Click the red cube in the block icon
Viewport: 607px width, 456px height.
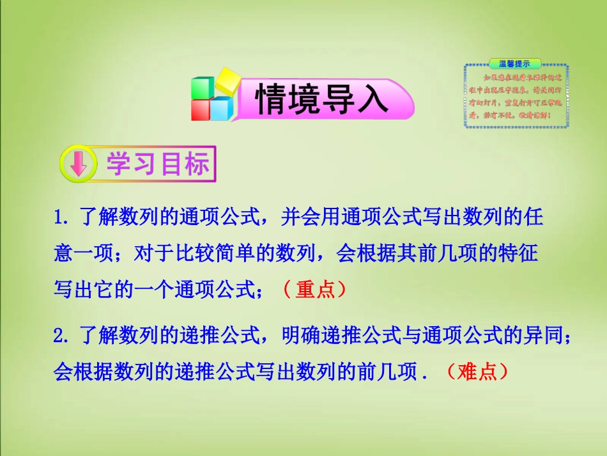pos(201,109)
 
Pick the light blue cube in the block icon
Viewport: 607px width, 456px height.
pos(222,108)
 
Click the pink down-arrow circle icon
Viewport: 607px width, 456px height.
pos(78,164)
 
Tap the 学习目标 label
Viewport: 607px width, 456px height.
pos(157,164)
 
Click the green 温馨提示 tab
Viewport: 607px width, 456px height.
pos(515,63)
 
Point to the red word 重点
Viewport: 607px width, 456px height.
pos(316,290)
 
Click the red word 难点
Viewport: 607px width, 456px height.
pos(477,371)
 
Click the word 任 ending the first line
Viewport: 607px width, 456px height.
pos(535,218)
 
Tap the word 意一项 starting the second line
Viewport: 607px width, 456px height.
pos(84,255)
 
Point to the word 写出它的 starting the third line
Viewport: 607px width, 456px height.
pos(92,290)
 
